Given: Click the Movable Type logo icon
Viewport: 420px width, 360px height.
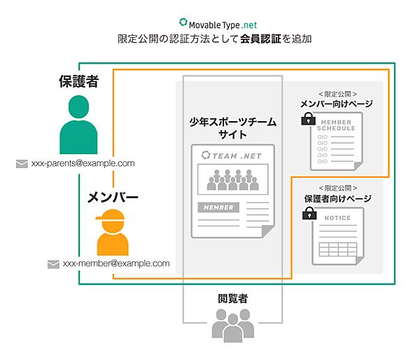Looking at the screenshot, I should tap(183, 22).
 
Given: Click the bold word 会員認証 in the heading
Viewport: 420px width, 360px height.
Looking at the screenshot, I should tap(259, 39).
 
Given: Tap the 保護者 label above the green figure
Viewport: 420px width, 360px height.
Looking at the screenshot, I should tap(78, 81).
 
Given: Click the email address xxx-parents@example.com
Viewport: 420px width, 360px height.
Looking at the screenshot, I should tap(83, 163).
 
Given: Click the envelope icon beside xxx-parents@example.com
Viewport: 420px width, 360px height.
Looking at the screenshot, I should tap(22, 164).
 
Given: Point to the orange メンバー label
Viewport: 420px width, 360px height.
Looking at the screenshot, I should tap(113, 198).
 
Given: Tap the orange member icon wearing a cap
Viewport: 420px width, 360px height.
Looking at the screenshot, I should tap(113, 232).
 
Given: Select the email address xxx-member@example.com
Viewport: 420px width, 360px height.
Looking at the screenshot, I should tap(116, 263).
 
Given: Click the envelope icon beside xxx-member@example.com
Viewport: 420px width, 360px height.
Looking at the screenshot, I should tap(53, 264).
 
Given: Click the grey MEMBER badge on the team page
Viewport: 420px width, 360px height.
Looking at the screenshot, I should tap(218, 207).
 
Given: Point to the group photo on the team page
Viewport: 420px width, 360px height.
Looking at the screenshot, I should tap(233, 178).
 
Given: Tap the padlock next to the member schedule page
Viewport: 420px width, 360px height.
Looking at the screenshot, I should tap(305, 120).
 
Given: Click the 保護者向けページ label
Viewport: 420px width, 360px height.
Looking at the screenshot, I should tap(337, 199).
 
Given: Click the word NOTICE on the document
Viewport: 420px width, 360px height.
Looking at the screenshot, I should tap(337, 218).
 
